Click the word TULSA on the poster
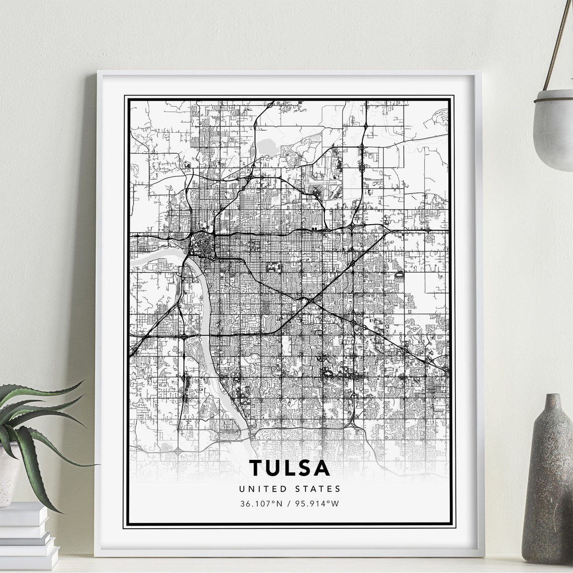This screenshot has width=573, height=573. pos(290,467)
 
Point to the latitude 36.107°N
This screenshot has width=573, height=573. pos(262,504)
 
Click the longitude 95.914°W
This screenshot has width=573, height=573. pos(318,504)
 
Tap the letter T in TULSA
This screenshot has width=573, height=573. pos(256,467)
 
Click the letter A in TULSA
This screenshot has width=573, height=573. pos(322,467)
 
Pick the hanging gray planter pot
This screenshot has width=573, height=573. pos(553,128)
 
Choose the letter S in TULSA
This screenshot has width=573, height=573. pos(305,467)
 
